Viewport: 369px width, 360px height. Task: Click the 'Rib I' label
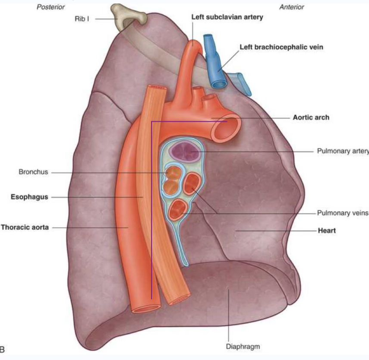pyautogui.click(x=82, y=19)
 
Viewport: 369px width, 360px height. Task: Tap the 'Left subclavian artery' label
pyautogui.click(x=227, y=18)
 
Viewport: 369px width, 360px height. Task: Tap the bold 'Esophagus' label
pyautogui.click(x=29, y=197)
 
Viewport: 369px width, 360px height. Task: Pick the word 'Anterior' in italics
pyautogui.click(x=292, y=7)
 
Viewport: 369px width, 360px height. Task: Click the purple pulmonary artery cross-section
pyautogui.click(x=185, y=152)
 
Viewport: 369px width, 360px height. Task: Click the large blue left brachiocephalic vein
pyautogui.click(x=216, y=65)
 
